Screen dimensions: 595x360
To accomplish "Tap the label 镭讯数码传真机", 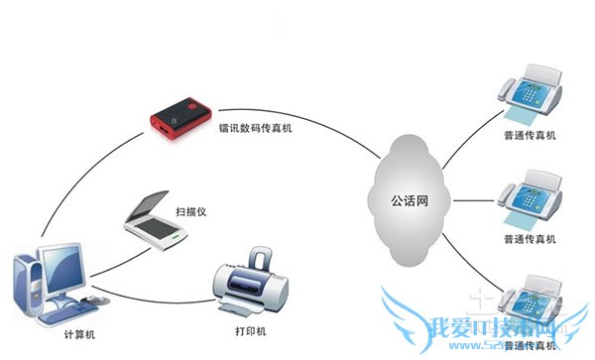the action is click(257, 129).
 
